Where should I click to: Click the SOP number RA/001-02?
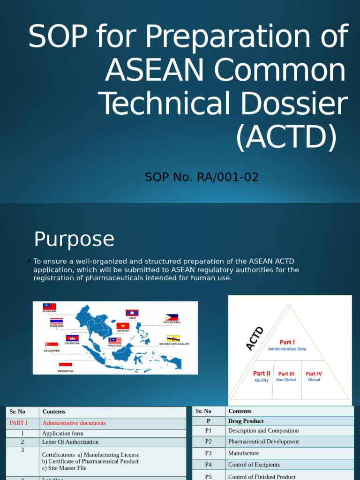(202, 177)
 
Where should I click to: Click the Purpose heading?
(74, 240)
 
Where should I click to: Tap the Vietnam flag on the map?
(123, 326)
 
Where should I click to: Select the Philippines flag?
(172, 317)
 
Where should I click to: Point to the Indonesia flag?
(65, 365)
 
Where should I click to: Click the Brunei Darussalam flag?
(173, 338)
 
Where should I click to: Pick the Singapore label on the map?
(52, 351)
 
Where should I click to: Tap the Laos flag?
(132, 313)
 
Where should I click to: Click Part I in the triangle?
(287, 342)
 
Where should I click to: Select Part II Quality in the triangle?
(262, 376)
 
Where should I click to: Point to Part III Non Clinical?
(286, 376)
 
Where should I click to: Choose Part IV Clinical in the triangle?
(314, 376)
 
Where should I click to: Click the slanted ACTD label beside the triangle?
(255, 338)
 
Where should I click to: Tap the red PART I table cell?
(19, 423)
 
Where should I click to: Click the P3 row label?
(209, 453)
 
